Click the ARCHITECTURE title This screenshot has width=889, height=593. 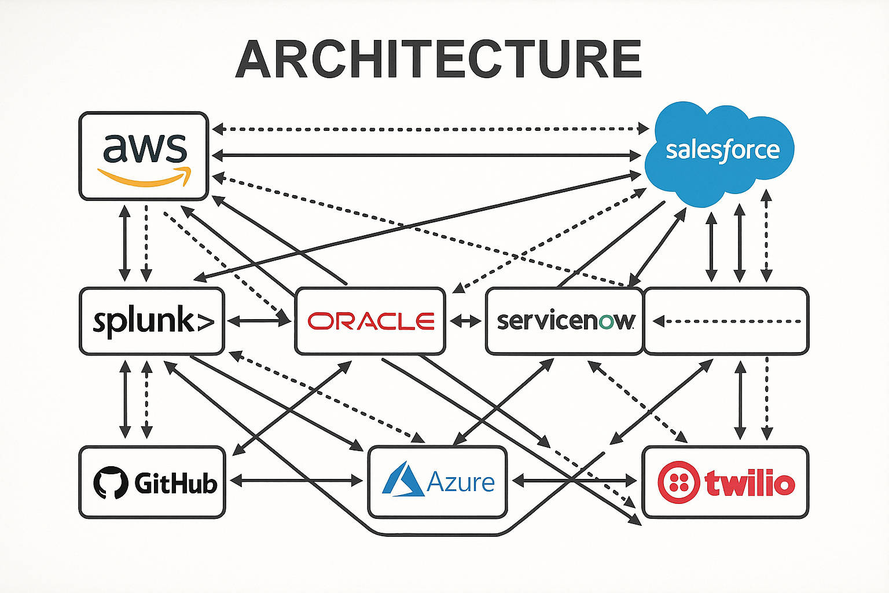pos(438,59)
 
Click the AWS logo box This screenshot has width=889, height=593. pos(144,156)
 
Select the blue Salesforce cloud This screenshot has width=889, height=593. pos(721,152)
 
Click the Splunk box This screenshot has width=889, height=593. pos(152,321)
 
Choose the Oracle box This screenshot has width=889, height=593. pos(370,321)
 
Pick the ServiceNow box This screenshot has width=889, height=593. pos(564,321)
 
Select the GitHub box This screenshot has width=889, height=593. pos(152,482)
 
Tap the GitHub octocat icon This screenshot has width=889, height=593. pos(111,482)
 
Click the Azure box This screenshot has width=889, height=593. pos(438,482)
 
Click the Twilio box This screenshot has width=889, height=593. pos(725,482)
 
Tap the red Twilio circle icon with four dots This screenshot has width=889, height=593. pos(678,482)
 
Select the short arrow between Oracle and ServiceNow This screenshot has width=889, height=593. pos(465,321)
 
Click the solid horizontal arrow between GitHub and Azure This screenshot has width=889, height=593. pos(296,480)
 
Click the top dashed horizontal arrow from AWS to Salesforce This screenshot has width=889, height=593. pos(430,129)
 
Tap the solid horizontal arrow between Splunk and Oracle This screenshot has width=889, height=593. pos(259,321)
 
